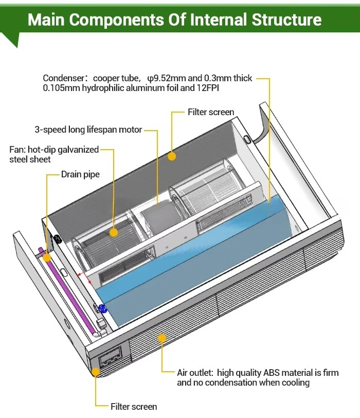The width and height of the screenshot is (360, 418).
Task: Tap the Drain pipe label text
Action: (x=80, y=174)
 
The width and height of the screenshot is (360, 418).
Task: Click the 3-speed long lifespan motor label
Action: (x=88, y=130)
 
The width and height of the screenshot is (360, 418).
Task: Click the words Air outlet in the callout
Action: (x=194, y=373)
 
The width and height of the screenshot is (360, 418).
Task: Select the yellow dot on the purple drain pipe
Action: (x=47, y=256)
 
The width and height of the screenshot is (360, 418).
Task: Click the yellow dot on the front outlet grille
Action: (x=163, y=338)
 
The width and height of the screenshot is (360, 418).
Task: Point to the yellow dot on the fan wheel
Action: (x=114, y=232)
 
